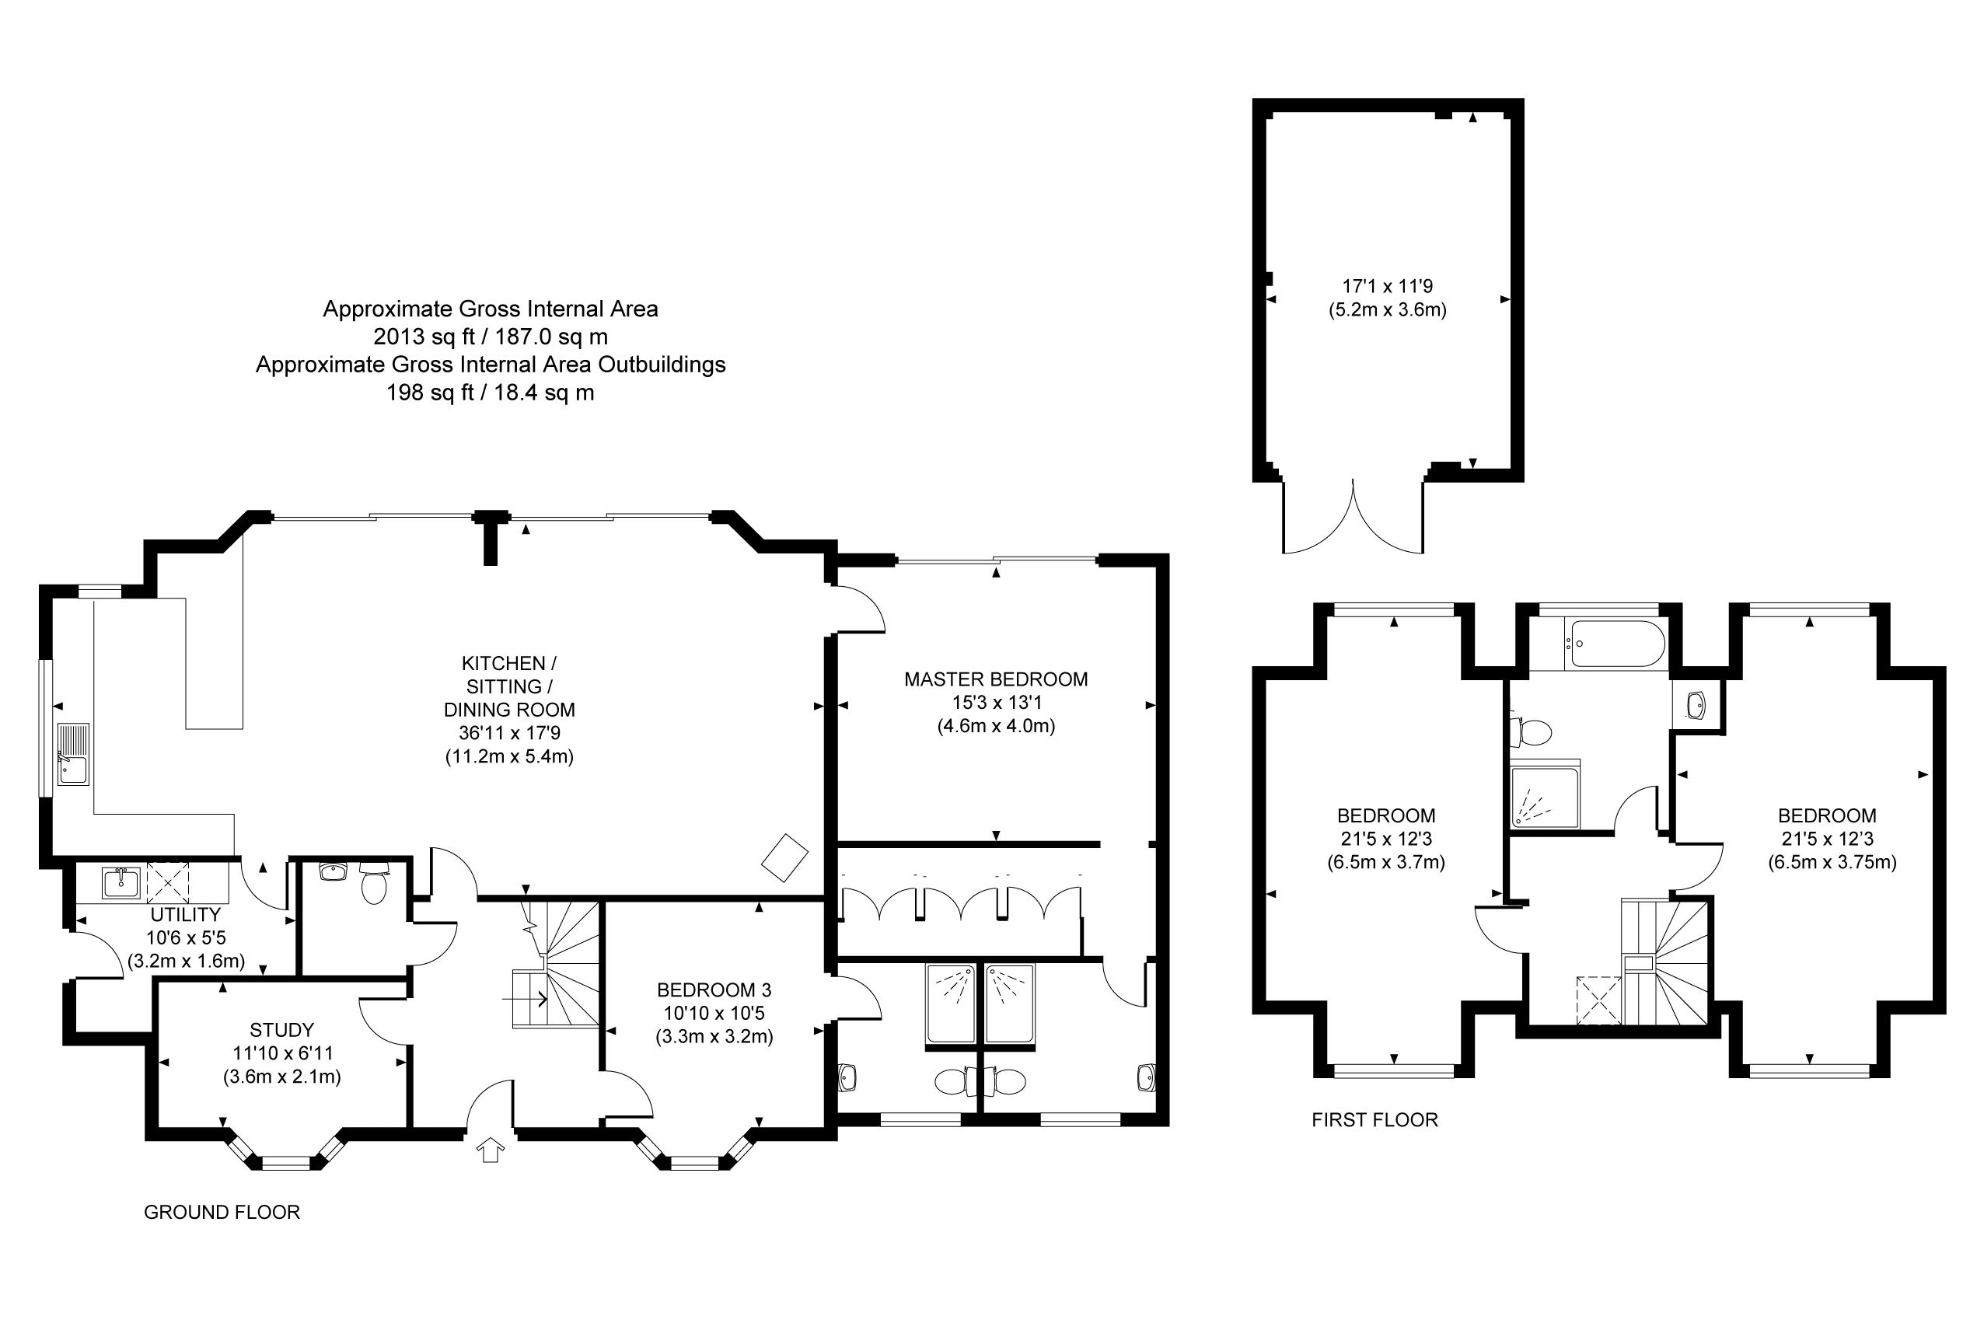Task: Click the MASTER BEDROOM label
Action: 996,679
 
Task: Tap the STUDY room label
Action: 282,1030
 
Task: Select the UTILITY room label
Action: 186,915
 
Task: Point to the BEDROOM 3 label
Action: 714,990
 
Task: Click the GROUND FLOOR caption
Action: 222,1213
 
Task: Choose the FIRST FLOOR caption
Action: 1374,1119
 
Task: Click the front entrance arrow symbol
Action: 491,1150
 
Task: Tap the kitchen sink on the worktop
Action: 73,753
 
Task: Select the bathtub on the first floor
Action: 1615,645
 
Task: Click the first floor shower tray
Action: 1544,798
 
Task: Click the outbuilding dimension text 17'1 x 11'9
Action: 1388,286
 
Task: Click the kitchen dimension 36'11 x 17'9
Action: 509,733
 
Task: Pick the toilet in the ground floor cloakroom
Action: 372,882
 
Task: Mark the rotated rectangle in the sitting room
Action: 785,857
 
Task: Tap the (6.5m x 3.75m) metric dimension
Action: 1832,862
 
